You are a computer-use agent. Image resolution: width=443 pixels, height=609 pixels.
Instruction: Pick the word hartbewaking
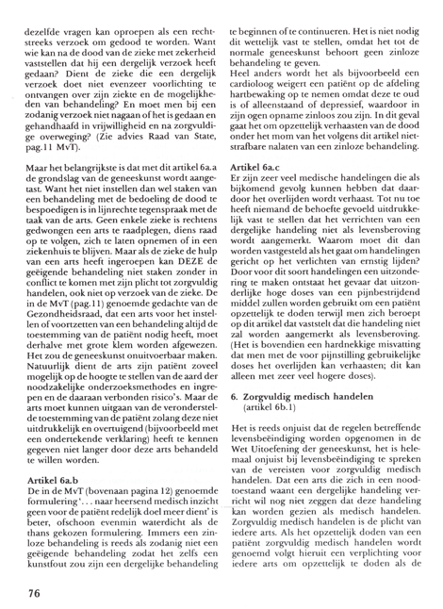268,92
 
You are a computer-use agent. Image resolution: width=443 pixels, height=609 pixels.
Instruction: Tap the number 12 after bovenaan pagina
137,492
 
